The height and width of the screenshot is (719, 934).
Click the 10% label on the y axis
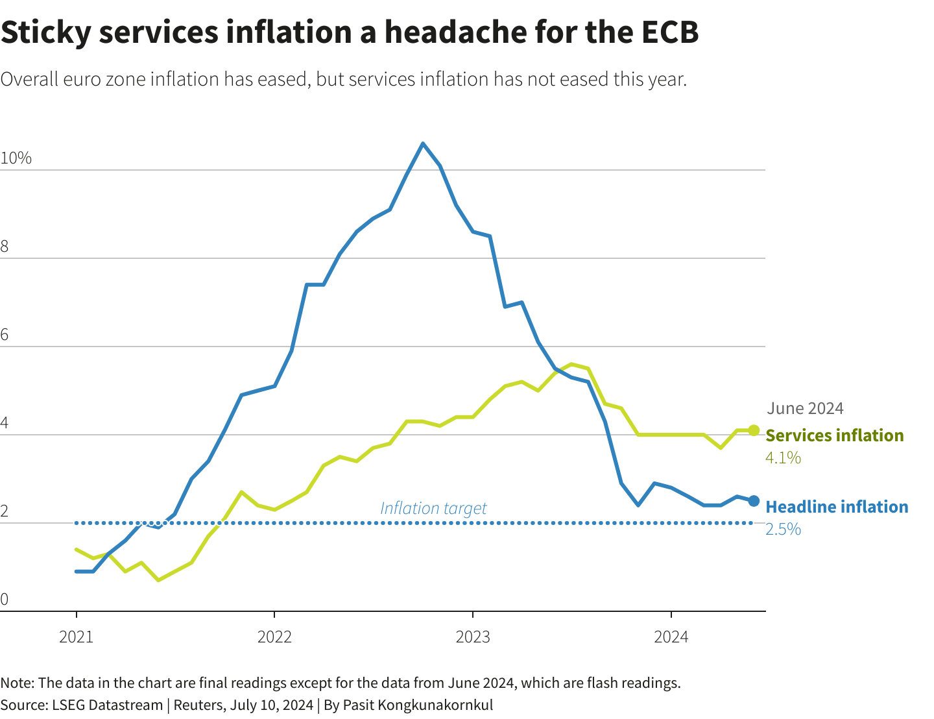[16, 158]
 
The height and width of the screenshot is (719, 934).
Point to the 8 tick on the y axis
[5, 247]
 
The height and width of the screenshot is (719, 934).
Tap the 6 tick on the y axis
[5, 335]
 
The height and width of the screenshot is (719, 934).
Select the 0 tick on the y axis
[5, 600]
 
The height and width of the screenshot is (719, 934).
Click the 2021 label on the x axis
[77, 637]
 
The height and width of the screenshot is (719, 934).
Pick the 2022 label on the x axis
[274, 637]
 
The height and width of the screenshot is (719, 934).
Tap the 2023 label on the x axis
[473, 637]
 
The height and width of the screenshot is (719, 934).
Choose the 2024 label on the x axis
[671, 637]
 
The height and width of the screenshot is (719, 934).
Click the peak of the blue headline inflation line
[423, 143]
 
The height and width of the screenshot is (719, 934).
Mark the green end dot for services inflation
[754, 430]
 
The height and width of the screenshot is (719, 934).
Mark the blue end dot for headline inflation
[754, 501]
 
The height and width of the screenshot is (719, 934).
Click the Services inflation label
[835, 435]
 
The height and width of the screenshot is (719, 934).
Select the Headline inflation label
[837, 507]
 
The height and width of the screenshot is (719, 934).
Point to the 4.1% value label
[784, 458]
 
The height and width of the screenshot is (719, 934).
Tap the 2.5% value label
[784, 530]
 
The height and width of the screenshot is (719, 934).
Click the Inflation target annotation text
[433, 508]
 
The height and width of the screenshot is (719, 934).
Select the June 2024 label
[805, 408]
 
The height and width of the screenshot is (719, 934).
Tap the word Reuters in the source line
[197, 705]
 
